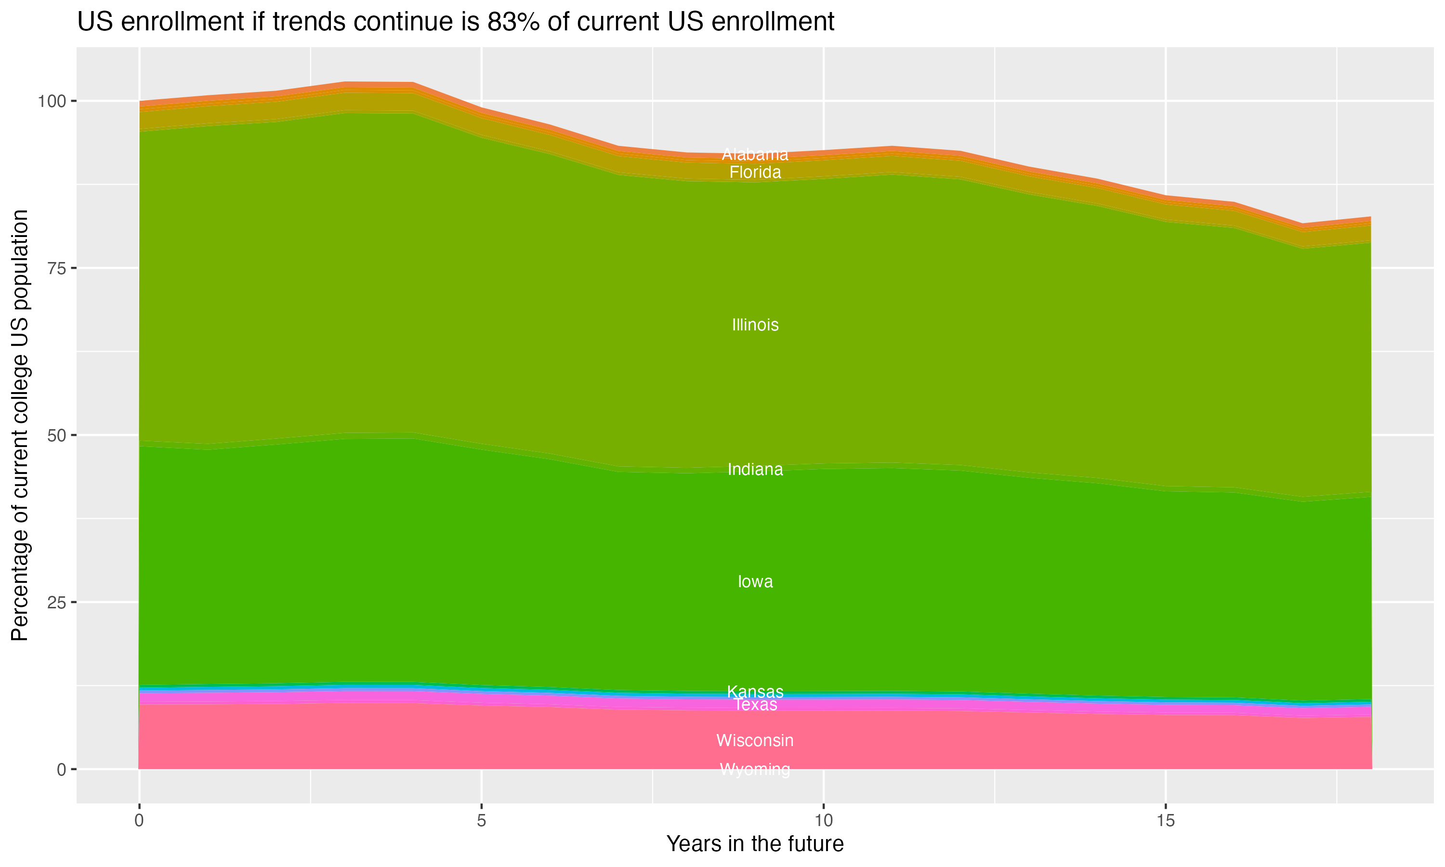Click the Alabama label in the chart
755,154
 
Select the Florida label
755,172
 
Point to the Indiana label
755,469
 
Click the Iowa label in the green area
755,581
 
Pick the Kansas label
755,691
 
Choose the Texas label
755,705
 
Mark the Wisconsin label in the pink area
755,740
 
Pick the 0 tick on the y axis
61,769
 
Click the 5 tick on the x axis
481,821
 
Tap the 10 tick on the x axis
823,821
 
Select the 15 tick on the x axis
1165,821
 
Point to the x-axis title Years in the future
755,843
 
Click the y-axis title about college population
20,425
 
